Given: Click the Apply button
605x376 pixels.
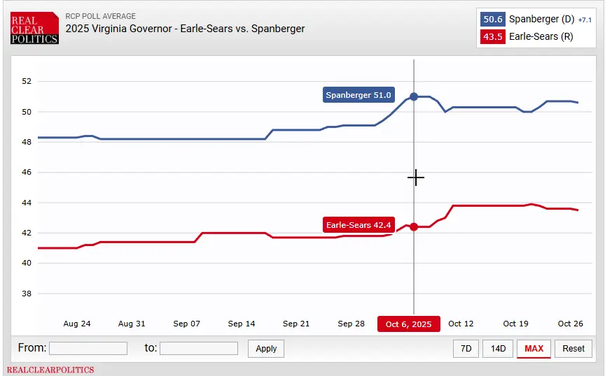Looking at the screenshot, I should tap(266, 348).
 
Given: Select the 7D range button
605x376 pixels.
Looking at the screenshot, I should tap(466, 348).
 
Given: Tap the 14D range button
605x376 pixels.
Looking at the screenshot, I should tap(498, 348).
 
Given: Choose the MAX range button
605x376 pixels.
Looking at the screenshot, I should tap(534, 348).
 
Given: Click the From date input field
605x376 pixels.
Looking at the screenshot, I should tap(88, 348).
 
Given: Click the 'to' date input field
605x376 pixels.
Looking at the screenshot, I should tap(199, 348).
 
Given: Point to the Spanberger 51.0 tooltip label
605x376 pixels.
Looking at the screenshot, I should tap(359, 95).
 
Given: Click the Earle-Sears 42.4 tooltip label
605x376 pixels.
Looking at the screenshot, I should tap(359, 225).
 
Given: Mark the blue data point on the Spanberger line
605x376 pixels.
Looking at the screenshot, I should tap(414, 96).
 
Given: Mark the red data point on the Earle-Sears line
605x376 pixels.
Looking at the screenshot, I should tap(414, 226).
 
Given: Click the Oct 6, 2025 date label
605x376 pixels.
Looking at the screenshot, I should tap(409, 324).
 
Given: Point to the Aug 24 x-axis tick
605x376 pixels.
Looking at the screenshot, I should tap(77, 324).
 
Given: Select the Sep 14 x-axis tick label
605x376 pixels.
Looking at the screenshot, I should tap(242, 324).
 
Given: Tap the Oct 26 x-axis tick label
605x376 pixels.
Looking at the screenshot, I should tap(570, 324).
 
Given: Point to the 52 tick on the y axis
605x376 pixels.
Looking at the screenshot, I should tap(27, 81).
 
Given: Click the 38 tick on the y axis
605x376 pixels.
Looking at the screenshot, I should tap(27, 294).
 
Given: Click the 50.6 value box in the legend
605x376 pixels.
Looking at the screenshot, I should tap(493, 20).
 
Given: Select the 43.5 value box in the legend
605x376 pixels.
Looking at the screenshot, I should tap(493, 36).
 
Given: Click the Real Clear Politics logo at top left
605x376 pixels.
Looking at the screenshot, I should tap(34, 29).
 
